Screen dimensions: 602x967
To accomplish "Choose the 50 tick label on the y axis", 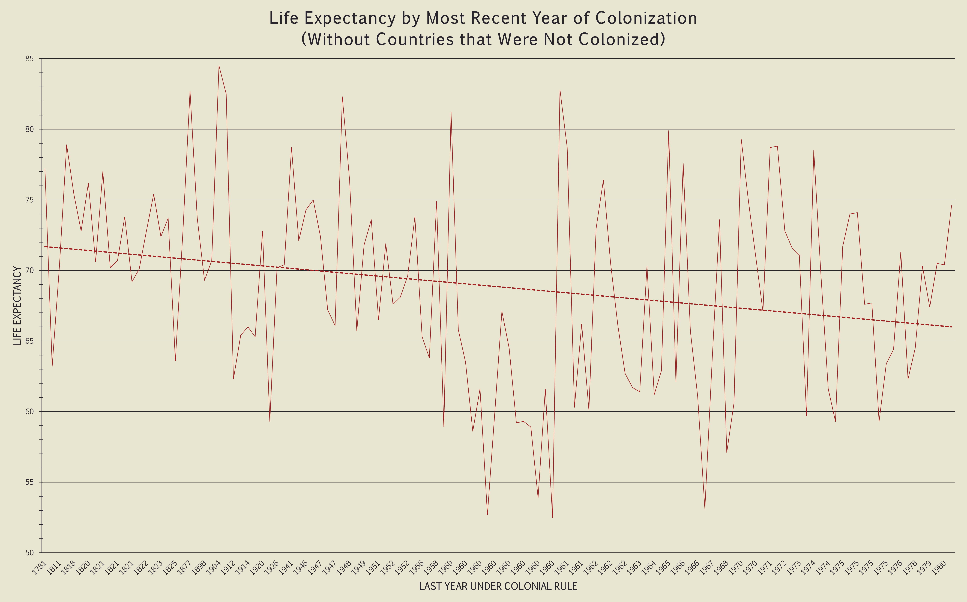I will click(x=29, y=553).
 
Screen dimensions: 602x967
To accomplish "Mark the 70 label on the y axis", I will click(x=29, y=270).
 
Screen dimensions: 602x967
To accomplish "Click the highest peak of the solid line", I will click(x=219, y=66).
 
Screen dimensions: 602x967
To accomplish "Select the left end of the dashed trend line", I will click(x=45, y=247).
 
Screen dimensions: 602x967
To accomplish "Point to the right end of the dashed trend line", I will click(x=951, y=327).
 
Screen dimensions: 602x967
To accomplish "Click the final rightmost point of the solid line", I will click(x=951, y=205).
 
